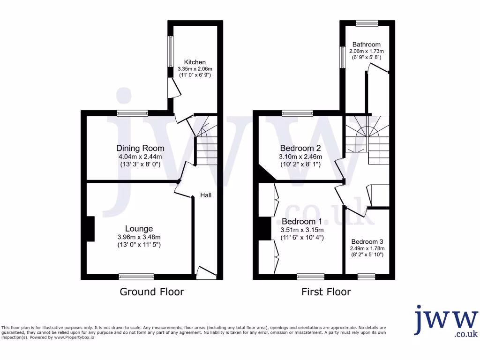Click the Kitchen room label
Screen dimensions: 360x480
pyautogui.click(x=195, y=62)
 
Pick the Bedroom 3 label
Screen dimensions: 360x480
pyautogui.click(x=367, y=241)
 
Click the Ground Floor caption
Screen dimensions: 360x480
pyautogui.click(x=152, y=292)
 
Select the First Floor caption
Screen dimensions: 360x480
pyautogui.click(x=326, y=292)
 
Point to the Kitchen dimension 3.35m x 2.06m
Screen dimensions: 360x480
pyautogui.click(x=195, y=69)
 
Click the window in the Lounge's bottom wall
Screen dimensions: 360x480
pyautogui.click(x=136, y=277)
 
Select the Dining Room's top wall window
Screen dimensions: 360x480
pyautogui.click(x=133, y=112)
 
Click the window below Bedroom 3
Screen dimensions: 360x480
pyautogui.click(x=367, y=277)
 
